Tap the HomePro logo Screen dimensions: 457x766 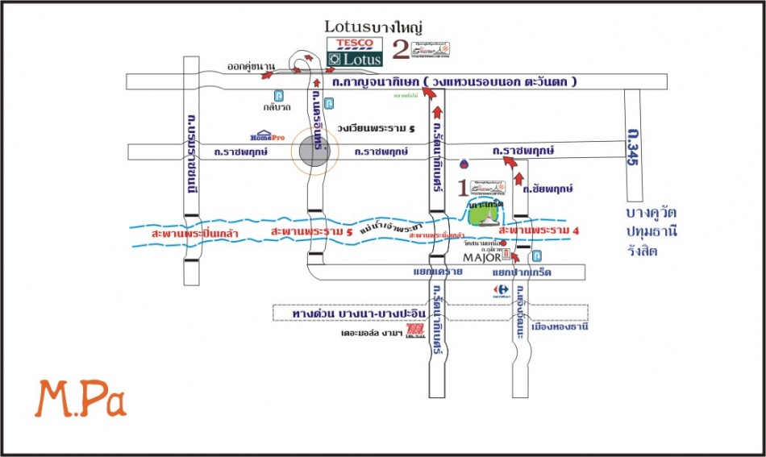point(268,137)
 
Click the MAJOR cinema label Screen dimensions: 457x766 point(481,257)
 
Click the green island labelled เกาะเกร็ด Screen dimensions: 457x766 point(488,213)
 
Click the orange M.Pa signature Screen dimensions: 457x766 point(81,400)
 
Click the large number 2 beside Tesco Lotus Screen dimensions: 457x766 point(400,50)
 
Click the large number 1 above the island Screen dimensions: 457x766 point(461,189)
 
